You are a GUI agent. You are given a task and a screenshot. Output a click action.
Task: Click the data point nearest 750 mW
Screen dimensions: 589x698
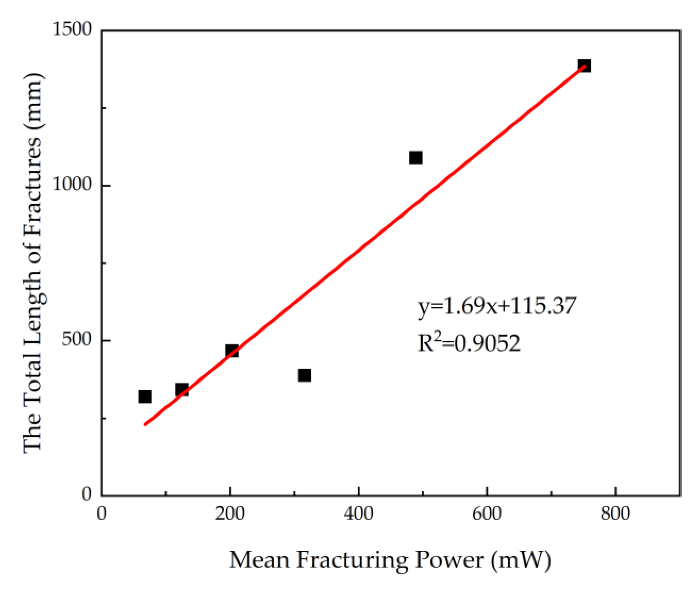[584, 66]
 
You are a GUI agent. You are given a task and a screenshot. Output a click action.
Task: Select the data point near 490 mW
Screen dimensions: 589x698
[415, 158]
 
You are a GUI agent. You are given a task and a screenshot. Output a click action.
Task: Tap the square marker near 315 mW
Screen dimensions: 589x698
[304, 375]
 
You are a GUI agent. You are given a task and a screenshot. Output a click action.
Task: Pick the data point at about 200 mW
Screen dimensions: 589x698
[232, 351]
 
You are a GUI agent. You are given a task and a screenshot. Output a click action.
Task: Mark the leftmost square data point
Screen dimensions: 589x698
[145, 396]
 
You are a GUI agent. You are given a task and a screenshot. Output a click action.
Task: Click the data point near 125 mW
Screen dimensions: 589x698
[182, 390]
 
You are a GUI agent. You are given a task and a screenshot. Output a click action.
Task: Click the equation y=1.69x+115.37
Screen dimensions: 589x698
[497, 306]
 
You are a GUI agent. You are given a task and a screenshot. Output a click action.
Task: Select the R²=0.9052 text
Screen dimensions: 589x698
[469, 342]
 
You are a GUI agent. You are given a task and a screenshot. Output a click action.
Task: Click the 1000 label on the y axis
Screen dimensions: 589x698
[72, 184]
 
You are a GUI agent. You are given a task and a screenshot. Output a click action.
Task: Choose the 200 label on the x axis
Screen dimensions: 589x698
[230, 513]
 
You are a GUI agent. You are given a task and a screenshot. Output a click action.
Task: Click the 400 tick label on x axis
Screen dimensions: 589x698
[358, 513]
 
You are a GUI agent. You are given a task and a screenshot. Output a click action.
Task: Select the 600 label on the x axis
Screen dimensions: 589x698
[487, 513]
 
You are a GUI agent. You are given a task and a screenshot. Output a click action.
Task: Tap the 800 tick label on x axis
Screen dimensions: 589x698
[615, 513]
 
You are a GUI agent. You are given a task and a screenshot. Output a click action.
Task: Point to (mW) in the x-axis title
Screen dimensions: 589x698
[521, 560]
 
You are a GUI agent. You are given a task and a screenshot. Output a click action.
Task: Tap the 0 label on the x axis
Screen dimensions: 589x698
[102, 513]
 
